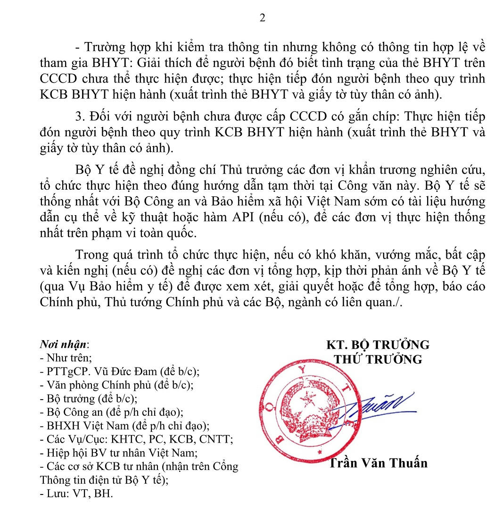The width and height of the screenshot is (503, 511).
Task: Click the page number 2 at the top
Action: [263, 18]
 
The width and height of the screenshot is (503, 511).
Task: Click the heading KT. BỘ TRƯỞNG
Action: [378, 344]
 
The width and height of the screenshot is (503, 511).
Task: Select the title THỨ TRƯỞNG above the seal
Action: [378, 359]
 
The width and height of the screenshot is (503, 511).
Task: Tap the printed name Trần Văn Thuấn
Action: [378, 463]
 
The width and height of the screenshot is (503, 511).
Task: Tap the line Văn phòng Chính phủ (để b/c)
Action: [116, 385]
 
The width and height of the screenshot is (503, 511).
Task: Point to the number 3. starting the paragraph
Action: [80, 117]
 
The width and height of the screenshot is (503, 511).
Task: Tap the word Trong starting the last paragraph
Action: [92, 255]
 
